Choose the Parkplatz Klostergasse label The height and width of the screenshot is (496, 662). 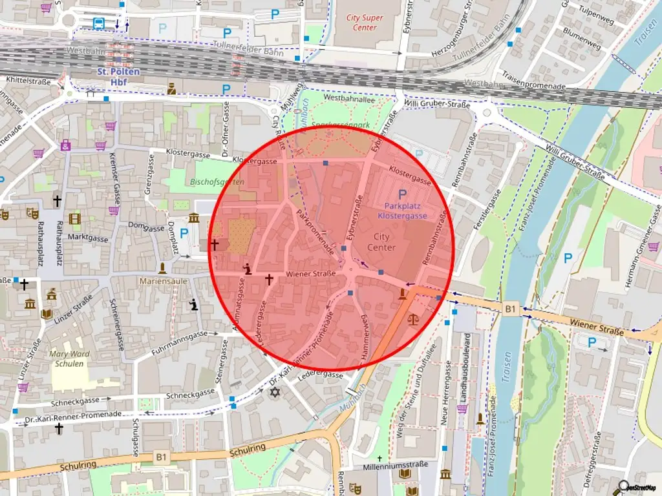[x=402, y=211]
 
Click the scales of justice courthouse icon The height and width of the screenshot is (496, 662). [x=412, y=319]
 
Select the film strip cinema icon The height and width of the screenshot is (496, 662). [x=74, y=219]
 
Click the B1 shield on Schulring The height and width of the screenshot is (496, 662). [x=161, y=457]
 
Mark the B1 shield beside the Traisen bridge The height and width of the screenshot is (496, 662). [x=511, y=309]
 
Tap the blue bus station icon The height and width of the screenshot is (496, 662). [x=99, y=24]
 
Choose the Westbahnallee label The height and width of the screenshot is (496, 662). [x=349, y=99]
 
